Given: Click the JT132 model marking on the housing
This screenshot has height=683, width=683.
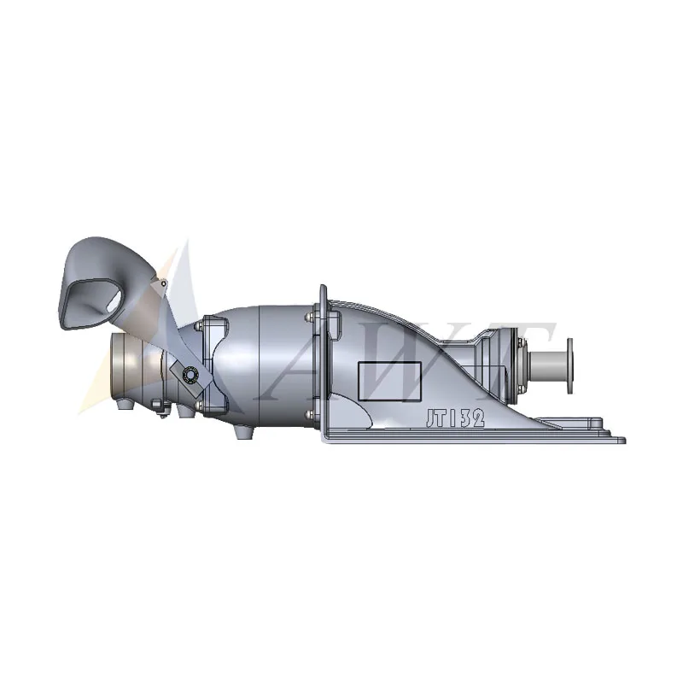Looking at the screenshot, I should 456,417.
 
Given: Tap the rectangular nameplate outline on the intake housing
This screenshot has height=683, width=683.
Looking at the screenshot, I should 388,381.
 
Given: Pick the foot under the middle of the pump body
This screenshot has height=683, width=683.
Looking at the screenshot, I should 242,432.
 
